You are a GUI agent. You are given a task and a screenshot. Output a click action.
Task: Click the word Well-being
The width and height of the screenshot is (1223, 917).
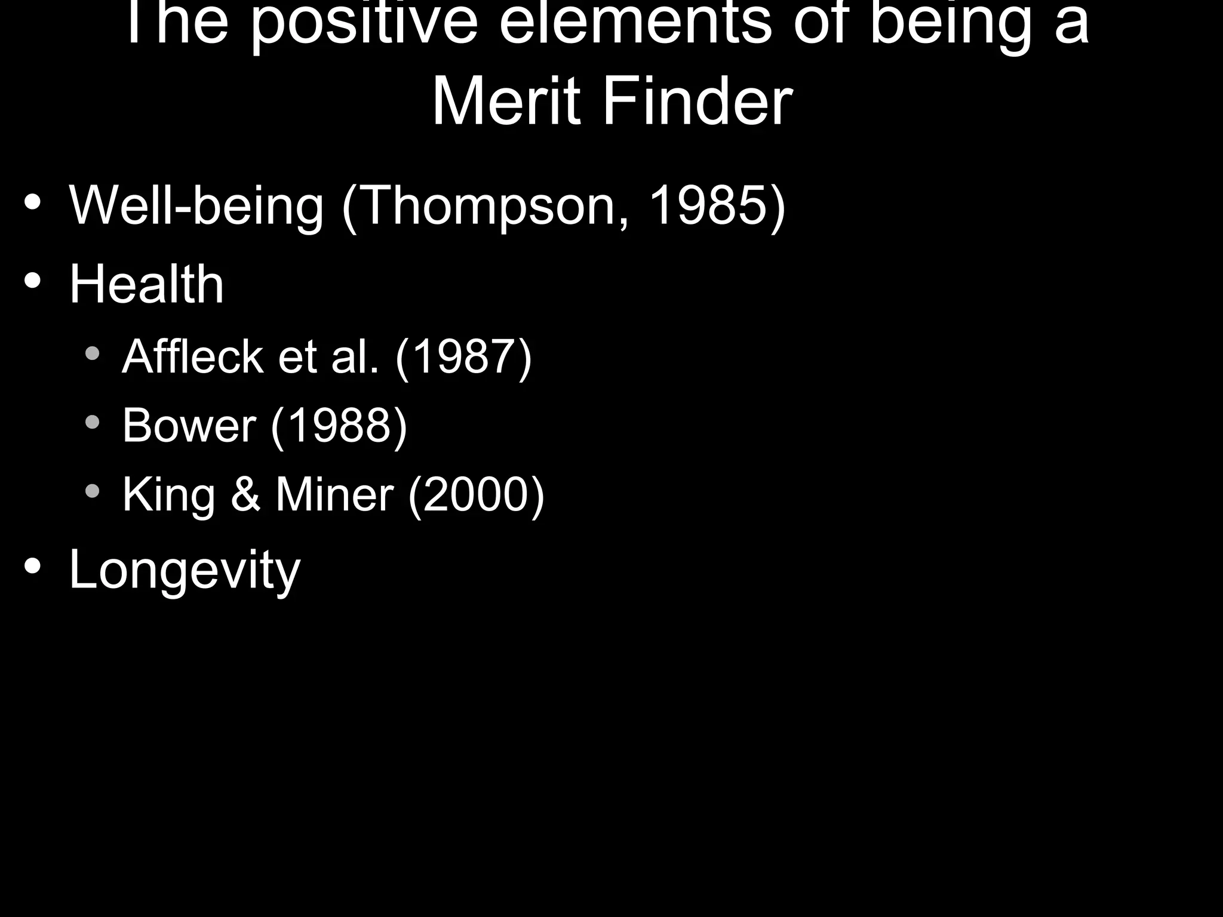click(x=196, y=205)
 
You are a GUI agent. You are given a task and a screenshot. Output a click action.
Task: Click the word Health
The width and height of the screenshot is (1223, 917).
click(x=146, y=284)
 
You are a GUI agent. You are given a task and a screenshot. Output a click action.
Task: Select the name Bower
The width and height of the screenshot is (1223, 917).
click(x=189, y=425)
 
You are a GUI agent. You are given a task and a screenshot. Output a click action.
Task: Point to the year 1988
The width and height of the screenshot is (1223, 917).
click(x=339, y=425)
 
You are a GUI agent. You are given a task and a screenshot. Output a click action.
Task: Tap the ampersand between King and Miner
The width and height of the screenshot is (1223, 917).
click(x=245, y=494)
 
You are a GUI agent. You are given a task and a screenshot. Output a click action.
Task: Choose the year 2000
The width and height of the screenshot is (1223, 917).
click(x=476, y=494)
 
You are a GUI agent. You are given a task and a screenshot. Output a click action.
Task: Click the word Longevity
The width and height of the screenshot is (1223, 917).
click(x=185, y=570)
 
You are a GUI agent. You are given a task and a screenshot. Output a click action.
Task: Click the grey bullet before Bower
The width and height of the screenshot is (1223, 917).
click(x=93, y=423)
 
